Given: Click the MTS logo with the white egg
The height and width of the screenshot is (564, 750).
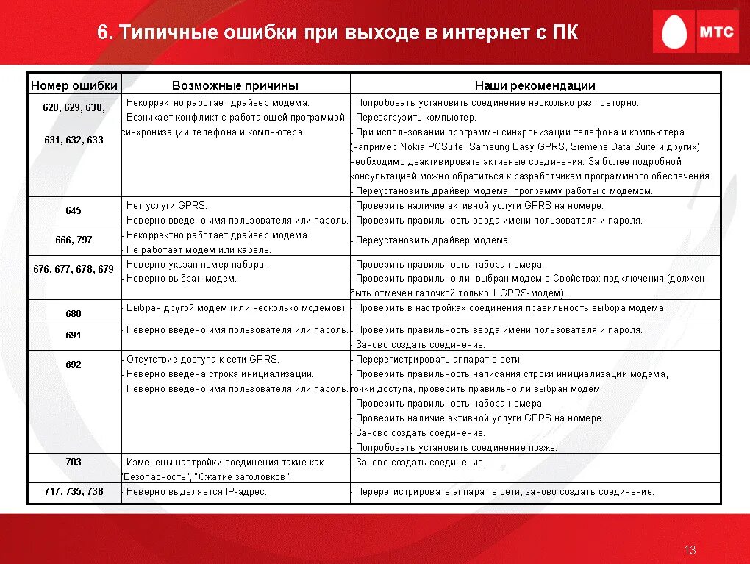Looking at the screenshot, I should [x=695, y=32].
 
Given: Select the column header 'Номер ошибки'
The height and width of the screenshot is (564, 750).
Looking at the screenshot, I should [x=74, y=85].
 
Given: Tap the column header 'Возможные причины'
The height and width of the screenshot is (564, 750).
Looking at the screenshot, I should [x=235, y=85].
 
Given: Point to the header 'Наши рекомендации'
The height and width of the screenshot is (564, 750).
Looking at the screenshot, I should [x=535, y=85].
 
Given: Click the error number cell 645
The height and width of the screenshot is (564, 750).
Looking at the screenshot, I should [x=74, y=211].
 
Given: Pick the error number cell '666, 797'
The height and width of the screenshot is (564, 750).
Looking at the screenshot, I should [x=74, y=240].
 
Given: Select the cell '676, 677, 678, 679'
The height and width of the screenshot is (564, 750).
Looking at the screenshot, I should [x=74, y=269].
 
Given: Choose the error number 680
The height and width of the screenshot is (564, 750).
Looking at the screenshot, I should [x=74, y=313].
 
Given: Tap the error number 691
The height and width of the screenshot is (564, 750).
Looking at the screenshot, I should [x=74, y=335].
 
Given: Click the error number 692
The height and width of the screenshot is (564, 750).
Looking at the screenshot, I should [x=74, y=365].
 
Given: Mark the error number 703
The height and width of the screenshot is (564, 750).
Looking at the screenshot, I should [x=74, y=463].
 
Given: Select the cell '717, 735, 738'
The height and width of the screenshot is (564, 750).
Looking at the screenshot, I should [x=74, y=491].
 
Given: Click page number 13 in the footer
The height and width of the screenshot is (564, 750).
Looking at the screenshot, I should [x=690, y=550].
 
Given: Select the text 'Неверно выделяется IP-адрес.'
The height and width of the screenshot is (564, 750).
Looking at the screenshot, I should [x=196, y=492].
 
